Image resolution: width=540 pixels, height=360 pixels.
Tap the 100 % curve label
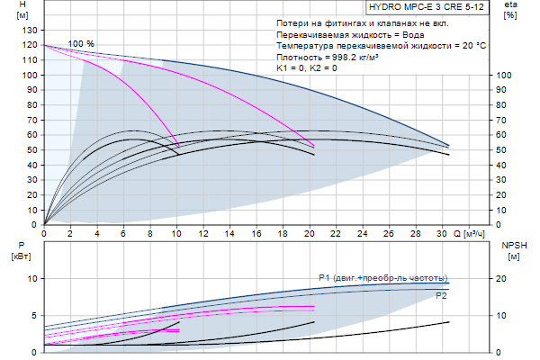click(x=81, y=44)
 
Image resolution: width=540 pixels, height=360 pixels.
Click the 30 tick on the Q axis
click(x=440, y=232)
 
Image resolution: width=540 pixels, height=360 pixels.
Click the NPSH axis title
click(x=512, y=249)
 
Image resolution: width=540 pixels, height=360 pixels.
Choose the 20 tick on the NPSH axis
click(x=507, y=279)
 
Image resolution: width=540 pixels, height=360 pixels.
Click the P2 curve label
click(x=441, y=295)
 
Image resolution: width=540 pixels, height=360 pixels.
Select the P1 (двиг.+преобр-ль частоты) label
click(x=382, y=277)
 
